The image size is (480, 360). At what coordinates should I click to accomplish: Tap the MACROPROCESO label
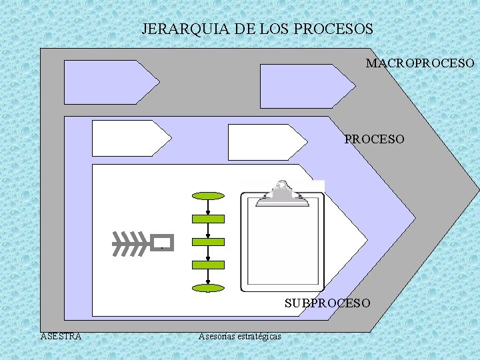pyautogui.click(x=420, y=63)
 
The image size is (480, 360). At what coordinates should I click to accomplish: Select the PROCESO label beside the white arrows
pyautogui.click(x=374, y=139)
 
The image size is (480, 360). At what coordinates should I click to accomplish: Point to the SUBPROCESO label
pyautogui.click(x=327, y=303)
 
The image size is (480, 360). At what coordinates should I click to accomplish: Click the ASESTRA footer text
pyautogui.click(x=61, y=336)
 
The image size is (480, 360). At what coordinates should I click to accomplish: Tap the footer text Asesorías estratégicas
pyautogui.click(x=239, y=336)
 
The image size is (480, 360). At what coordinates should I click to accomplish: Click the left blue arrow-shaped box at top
pyautogui.click(x=107, y=82)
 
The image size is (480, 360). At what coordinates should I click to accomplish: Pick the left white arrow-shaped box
pyautogui.click(x=127, y=138)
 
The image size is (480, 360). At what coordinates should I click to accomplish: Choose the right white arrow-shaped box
pyautogui.click(x=263, y=141)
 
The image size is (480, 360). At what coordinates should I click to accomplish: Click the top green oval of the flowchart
pyautogui.click(x=208, y=196)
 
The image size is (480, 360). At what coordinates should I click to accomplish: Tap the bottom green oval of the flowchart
pyautogui.click(x=208, y=289)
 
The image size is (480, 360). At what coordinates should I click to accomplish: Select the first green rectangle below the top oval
pyautogui.click(x=208, y=219)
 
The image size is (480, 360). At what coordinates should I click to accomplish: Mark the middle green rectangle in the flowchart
pyautogui.click(x=208, y=242)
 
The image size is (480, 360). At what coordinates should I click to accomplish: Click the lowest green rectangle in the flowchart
pyautogui.click(x=208, y=265)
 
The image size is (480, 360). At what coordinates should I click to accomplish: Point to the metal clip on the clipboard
pyautogui.click(x=283, y=194)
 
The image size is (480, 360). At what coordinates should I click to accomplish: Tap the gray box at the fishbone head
pyautogui.click(x=162, y=241)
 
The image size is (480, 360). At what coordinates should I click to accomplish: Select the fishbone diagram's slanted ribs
pyautogui.click(x=130, y=243)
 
